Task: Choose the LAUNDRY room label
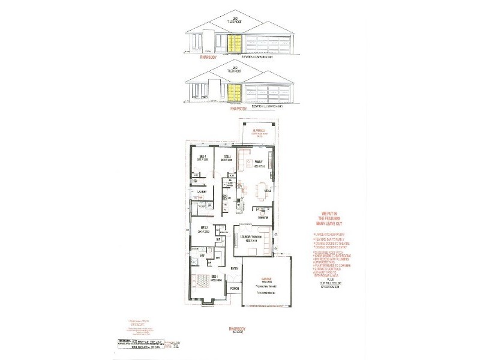202,192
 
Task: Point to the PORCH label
234,305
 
